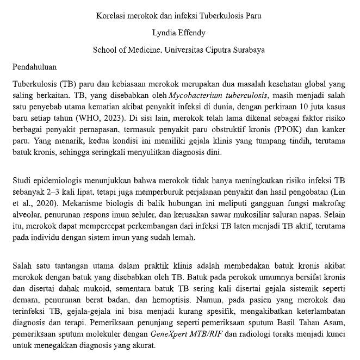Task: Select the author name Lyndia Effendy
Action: click(x=179, y=33)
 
